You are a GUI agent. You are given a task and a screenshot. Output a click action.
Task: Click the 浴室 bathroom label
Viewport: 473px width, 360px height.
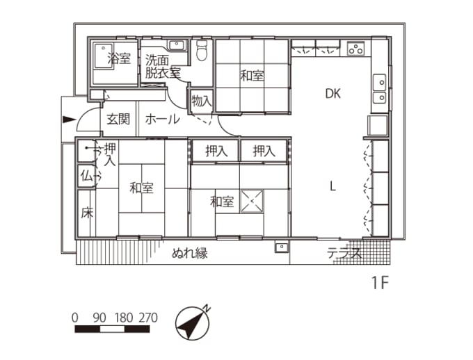pos(119,59)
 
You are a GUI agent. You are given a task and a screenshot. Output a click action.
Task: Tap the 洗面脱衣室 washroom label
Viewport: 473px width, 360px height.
pos(162,66)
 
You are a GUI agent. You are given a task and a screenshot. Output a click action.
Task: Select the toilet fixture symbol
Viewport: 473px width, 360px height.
pos(202,50)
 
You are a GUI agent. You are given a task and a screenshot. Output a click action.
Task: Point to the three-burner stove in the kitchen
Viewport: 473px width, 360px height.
pos(355,49)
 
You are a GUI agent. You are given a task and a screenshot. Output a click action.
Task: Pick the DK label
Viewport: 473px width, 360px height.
pos(332,95)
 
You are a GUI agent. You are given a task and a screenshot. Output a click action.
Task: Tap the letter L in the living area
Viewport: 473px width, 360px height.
pos(333,186)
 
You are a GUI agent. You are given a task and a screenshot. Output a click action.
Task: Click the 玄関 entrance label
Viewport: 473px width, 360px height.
pos(118,119)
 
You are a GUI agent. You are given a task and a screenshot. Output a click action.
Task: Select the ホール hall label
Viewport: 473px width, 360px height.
pos(163,120)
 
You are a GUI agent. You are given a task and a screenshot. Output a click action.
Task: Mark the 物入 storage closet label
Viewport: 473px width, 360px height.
pos(202,101)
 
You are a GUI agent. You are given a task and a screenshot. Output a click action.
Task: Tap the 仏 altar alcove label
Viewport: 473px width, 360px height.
pos(86,176)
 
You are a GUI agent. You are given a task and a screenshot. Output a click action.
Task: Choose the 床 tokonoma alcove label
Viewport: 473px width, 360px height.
pos(86,212)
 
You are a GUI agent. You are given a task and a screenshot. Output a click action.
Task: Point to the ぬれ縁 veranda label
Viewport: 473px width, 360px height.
pos(190,253)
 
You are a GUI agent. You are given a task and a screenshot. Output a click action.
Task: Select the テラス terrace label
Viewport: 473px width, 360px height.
pos(344,254)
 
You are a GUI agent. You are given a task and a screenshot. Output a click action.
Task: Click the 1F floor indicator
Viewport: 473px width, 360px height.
pos(379,284)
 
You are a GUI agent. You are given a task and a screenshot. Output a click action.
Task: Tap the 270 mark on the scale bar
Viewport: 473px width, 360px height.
pos(147,318)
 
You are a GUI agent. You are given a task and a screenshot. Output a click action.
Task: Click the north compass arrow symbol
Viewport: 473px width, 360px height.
pos(193,322)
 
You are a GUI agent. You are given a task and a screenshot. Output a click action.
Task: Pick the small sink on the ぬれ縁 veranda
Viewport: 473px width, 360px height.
pos(281,246)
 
